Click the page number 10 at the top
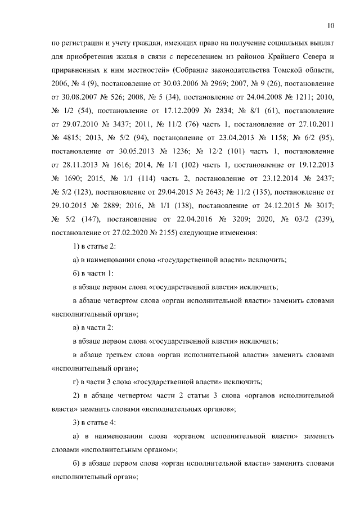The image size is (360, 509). tap(331, 26)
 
